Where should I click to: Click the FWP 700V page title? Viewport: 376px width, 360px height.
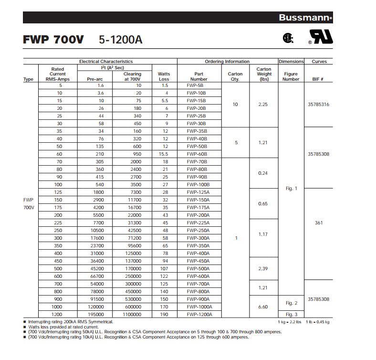tap(53, 40)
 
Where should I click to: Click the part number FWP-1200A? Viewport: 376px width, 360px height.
tap(199, 314)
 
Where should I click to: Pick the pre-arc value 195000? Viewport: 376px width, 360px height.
tap(98, 314)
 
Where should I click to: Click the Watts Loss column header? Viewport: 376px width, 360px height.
tap(164, 76)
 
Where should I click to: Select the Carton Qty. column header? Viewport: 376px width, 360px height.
tap(235, 76)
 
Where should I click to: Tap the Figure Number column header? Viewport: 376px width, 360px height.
tap(291, 76)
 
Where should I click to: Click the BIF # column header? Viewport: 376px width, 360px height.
tap(318, 79)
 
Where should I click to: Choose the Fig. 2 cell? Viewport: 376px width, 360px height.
tap(292, 303)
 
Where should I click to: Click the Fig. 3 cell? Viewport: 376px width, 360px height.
tap(292, 314)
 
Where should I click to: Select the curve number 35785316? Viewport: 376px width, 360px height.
tap(319, 104)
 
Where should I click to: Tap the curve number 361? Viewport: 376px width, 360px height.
tap(319, 222)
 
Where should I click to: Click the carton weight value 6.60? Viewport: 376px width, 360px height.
tap(263, 307)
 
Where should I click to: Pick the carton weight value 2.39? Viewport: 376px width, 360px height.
tap(263, 268)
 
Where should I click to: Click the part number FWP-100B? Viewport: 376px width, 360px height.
tap(198, 184)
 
